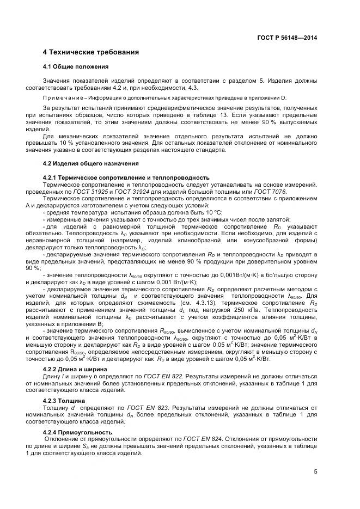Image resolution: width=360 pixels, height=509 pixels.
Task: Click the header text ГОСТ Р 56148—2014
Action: click(287, 38)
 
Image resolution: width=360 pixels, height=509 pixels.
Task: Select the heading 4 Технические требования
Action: click(91, 52)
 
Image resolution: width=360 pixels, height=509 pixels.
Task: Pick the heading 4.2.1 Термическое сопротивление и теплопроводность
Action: click(126, 177)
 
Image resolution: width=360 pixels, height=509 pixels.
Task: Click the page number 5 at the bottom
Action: click(315, 471)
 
